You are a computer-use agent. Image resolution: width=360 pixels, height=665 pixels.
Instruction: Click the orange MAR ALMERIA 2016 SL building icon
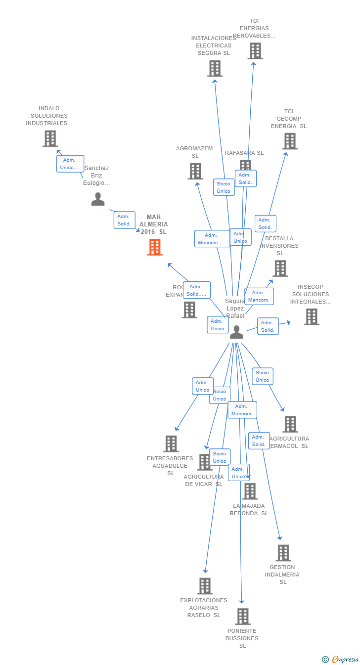155,247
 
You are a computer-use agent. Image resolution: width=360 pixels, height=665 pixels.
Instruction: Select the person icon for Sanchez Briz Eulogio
98,199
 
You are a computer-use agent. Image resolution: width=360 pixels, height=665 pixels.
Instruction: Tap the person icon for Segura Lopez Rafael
236,332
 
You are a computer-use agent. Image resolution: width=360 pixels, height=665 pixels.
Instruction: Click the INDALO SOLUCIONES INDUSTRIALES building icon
50,139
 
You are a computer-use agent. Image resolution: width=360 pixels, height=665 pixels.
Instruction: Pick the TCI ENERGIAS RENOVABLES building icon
255,51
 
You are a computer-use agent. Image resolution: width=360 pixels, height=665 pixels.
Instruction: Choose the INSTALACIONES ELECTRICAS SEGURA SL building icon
215,69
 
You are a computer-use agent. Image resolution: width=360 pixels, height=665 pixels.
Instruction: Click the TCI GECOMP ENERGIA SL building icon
290,141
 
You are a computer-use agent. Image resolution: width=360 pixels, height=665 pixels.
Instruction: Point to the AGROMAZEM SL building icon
195,171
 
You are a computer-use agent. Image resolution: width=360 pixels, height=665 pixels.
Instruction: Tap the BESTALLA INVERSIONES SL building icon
280,268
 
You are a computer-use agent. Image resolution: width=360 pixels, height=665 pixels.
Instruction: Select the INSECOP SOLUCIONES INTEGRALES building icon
312,317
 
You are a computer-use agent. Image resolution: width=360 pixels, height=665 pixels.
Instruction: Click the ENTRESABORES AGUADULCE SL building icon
171,443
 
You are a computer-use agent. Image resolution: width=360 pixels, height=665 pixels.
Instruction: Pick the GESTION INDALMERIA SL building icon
283,553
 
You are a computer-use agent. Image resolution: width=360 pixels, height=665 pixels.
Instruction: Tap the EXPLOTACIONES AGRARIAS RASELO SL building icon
205,586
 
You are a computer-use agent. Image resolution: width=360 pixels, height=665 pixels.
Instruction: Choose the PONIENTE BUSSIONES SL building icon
243,617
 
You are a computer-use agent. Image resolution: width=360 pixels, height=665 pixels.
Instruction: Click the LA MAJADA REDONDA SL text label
249,509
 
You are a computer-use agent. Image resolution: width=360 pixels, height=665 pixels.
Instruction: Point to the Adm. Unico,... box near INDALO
70,164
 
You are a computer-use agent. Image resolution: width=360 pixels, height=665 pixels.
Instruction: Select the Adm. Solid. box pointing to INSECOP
268,326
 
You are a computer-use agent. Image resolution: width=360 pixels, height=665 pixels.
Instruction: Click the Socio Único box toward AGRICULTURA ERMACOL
263,376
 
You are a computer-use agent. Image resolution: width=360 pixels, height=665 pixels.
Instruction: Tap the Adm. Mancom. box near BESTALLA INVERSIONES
259,296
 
